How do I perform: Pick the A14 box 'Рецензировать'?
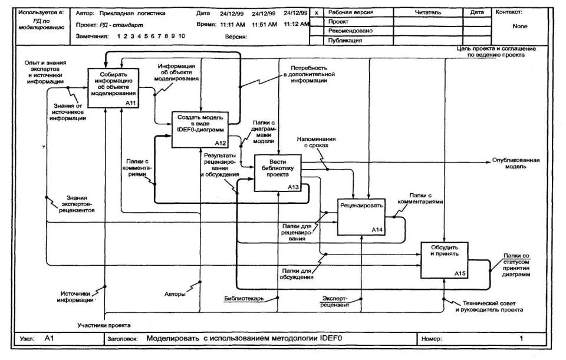point(360,215)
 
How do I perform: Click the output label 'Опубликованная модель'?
point(515,163)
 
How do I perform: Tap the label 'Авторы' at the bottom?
point(175,293)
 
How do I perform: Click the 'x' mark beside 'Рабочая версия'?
point(317,12)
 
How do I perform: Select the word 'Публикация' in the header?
point(345,41)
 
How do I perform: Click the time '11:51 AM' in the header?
point(265,25)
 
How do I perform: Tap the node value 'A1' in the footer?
point(50,339)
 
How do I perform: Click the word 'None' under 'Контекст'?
point(520,27)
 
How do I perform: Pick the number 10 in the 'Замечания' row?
point(182,37)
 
